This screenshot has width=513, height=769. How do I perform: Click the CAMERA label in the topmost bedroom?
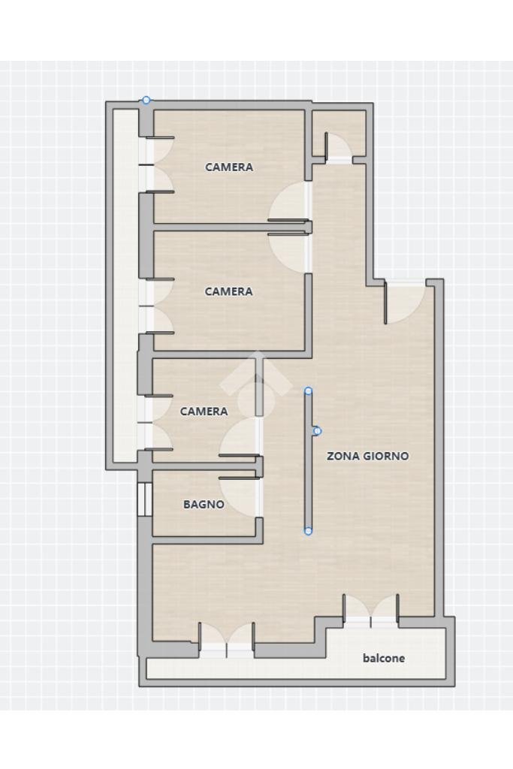pos(229,167)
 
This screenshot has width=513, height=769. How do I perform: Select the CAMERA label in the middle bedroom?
pos(229,291)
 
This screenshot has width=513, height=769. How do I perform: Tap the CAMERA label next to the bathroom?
pos(204,412)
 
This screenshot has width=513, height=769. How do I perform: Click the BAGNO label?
pos(204,505)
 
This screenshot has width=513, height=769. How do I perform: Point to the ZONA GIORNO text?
pos(367,456)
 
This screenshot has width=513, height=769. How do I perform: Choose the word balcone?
pos(384,659)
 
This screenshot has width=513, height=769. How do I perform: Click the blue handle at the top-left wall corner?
pos(146,100)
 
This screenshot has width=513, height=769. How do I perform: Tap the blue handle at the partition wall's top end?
pos(308,391)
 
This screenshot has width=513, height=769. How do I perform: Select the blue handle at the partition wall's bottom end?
pos(308,532)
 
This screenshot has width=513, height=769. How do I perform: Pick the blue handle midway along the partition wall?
pos(317,431)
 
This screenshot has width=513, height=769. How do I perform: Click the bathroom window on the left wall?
pos(144,499)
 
